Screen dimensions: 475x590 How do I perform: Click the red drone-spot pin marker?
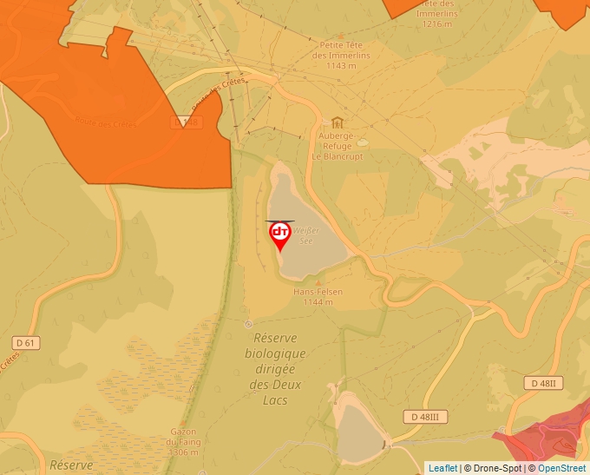pyautogui.click(x=280, y=235)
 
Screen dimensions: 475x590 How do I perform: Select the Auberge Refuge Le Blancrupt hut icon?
pyautogui.click(x=338, y=122)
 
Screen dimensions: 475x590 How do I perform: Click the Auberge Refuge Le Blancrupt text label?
pyautogui.click(x=338, y=146)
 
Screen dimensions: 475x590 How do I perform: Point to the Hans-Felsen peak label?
pyautogui.click(x=318, y=296)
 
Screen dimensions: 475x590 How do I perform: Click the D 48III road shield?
pyautogui.click(x=425, y=417)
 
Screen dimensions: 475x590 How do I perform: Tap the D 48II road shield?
pyautogui.click(x=545, y=383)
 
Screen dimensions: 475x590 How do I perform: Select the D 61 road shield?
pyautogui.click(x=27, y=343)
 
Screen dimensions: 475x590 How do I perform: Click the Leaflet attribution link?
pyautogui.click(x=442, y=468)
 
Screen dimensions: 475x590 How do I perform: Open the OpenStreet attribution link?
pyautogui.click(x=561, y=468)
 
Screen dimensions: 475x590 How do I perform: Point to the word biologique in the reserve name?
pyautogui.click(x=276, y=353)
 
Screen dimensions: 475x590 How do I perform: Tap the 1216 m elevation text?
pyautogui.click(x=436, y=24)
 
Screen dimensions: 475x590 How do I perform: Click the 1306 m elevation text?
pyautogui.click(x=183, y=452)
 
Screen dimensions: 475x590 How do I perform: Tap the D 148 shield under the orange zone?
pyautogui.click(x=187, y=123)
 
